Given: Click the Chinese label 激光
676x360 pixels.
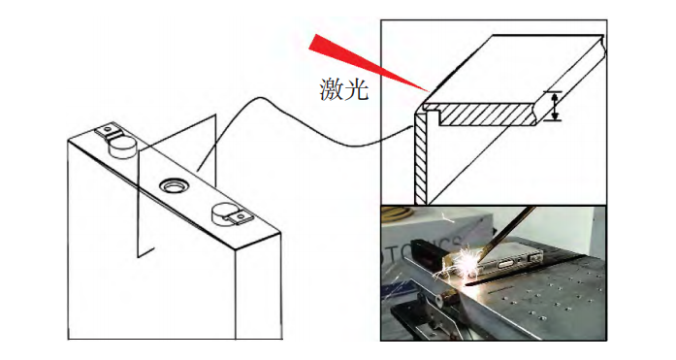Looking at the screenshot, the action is (x=343, y=89).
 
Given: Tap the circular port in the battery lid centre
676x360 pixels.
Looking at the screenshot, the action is (x=174, y=185).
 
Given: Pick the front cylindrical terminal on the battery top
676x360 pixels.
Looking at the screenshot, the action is (x=224, y=215).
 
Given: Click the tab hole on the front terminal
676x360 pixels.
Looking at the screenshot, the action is (x=241, y=214).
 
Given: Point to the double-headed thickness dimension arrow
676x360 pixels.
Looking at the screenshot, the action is (x=555, y=106).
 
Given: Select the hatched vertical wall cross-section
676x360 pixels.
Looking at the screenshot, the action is (x=420, y=159).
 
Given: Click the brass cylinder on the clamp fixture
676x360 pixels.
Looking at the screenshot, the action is (x=447, y=298).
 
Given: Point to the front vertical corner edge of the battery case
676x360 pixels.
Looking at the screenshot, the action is (x=236, y=294).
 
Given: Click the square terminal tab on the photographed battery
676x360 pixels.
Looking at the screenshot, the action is (x=536, y=258).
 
